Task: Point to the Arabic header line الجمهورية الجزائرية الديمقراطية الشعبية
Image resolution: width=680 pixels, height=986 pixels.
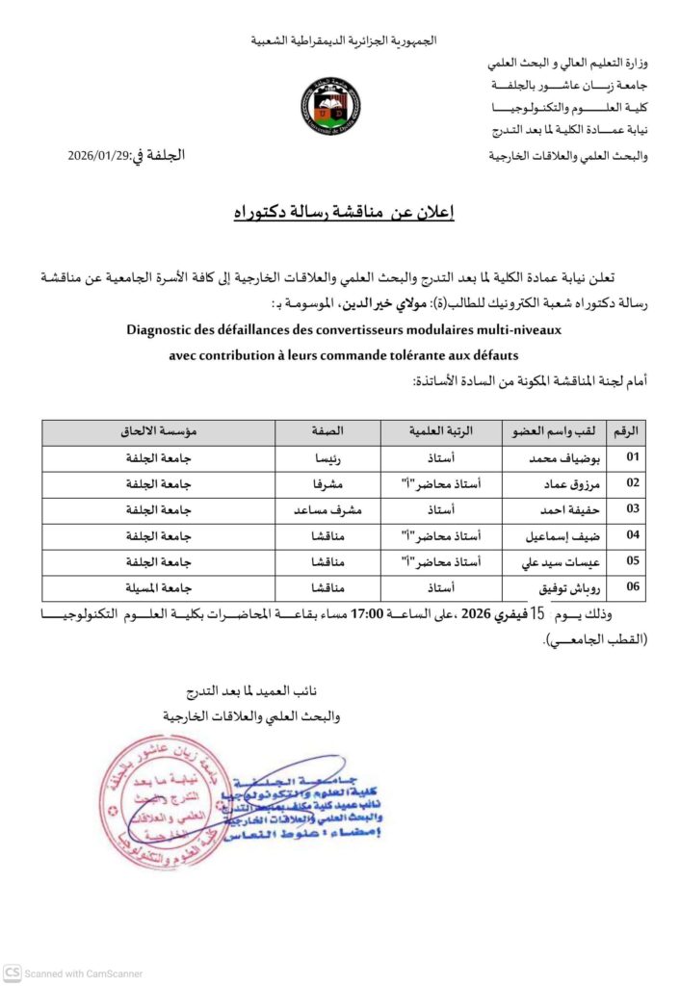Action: click(344, 40)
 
